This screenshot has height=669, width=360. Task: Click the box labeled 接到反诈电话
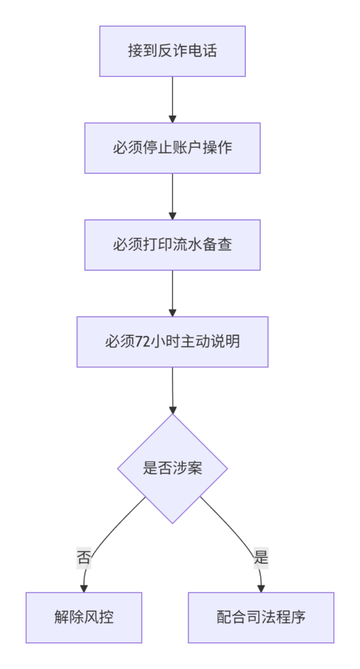(172, 51)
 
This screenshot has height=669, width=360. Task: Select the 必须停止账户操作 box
(172, 148)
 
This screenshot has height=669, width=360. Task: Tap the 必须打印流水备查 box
(172, 245)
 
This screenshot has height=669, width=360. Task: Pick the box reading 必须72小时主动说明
(172, 342)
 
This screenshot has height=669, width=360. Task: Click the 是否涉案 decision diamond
(172, 468)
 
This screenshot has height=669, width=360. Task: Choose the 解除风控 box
(84, 617)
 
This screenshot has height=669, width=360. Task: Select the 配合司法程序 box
(261, 617)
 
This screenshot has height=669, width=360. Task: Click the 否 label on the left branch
(84, 558)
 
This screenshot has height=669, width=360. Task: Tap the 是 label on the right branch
(261, 558)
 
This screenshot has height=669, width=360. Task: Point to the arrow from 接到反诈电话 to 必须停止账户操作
(172, 100)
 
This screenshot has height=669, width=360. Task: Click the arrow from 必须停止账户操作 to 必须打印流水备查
(172, 197)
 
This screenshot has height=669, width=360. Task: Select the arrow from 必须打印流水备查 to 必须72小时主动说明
(172, 293)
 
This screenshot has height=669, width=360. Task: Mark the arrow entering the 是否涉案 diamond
(172, 391)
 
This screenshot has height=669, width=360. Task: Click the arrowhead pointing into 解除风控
(84, 589)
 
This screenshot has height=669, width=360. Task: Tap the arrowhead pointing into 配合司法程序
(261, 589)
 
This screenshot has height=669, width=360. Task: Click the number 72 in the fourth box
(142, 342)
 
